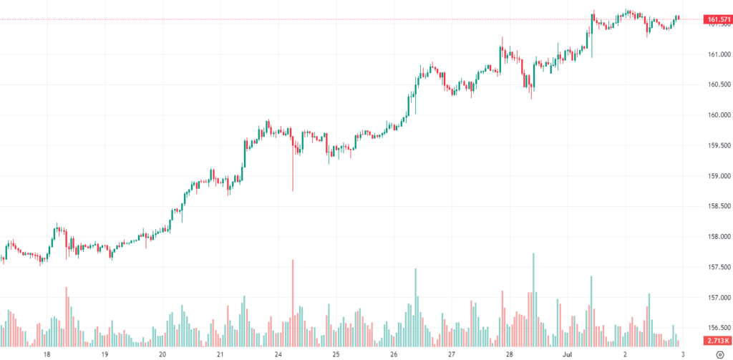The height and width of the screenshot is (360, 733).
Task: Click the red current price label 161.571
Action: pos(717,19)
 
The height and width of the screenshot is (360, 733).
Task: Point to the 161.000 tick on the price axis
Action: pos(716,54)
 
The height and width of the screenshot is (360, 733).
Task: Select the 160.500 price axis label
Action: pos(716,84)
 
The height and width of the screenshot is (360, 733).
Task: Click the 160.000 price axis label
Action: pos(716,115)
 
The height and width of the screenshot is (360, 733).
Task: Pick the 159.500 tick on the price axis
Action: pos(716,145)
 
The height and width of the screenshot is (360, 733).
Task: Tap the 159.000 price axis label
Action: pos(716,176)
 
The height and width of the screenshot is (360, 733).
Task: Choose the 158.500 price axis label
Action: pos(716,206)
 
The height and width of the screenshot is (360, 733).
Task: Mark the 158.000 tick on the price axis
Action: pos(716,237)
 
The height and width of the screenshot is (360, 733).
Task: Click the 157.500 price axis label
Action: pos(716,267)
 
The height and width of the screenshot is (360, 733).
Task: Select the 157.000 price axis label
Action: pos(716,298)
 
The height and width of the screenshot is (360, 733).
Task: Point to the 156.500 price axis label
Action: pos(716,328)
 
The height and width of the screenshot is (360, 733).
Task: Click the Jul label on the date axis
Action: pos(567,354)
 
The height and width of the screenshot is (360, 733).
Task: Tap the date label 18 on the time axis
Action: pos(47,354)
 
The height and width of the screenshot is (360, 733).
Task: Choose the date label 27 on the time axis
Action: pos(452,354)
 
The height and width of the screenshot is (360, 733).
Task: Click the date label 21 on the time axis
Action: pos(220,354)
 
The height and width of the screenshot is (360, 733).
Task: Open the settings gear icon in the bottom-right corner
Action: pos(718,354)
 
